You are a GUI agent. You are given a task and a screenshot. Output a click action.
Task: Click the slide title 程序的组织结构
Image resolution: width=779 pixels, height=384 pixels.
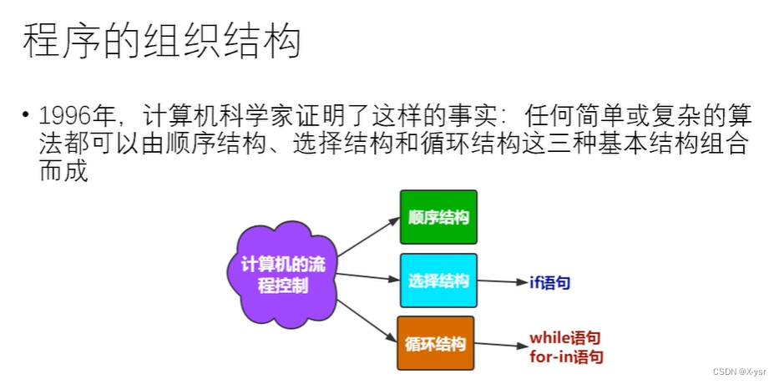click(x=161, y=40)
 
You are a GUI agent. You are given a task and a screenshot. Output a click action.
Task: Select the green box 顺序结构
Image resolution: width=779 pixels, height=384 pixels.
click(x=438, y=217)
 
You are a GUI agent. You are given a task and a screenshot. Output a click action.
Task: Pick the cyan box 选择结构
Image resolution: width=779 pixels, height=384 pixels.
click(x=438, y=280)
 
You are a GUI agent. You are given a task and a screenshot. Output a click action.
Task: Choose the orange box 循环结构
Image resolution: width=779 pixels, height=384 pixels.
click(x=435, y=343)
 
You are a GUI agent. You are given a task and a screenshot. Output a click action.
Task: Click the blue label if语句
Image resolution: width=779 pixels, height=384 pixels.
click(x=550, y=283)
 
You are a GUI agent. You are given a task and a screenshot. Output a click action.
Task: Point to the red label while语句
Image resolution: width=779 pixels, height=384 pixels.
click(x=565, y=338)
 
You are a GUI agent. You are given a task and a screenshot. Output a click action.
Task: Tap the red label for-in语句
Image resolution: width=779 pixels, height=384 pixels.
click(x=566, y=356)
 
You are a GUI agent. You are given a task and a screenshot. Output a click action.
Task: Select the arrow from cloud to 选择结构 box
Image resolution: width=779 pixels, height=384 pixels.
click(x=367, y=276)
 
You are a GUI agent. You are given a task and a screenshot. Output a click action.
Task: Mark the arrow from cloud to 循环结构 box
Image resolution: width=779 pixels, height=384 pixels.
click(x=366, y=320)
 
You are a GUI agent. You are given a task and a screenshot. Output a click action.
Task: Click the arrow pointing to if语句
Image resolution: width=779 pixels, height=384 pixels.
click(x=503, y=282)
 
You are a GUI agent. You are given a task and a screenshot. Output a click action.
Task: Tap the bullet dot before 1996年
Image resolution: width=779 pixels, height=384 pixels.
click(x=27, y=114)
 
